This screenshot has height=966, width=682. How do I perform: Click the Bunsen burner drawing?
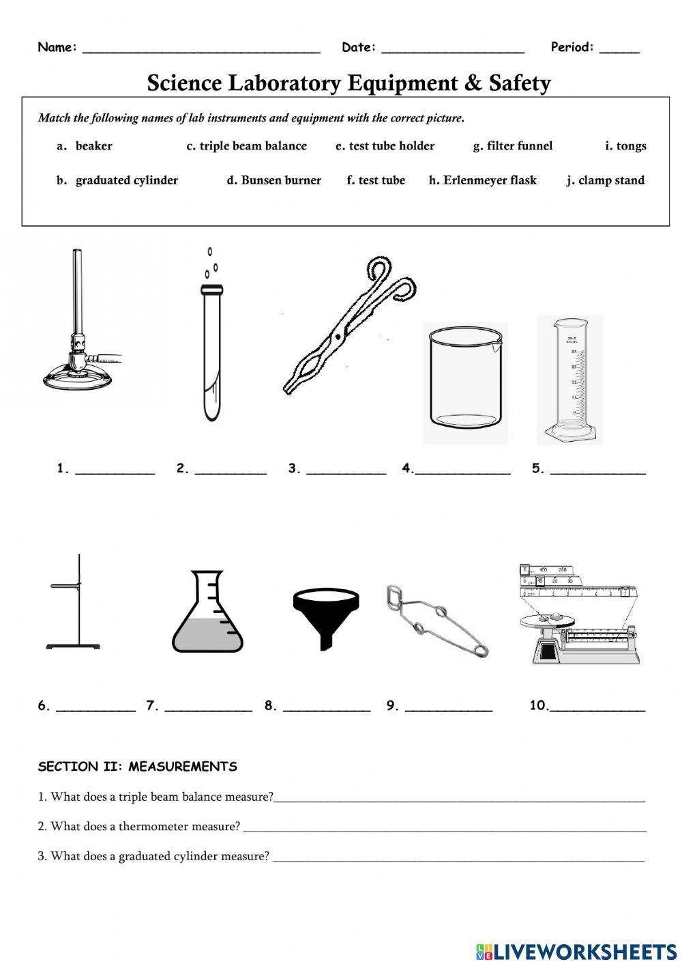point(80,341)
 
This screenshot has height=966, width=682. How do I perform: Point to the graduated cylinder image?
point(570,379)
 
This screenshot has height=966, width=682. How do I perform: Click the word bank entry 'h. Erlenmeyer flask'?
point(483,180)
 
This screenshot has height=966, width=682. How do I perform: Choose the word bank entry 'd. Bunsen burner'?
point(274,180)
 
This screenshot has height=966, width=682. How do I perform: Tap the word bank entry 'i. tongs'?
point(625,145)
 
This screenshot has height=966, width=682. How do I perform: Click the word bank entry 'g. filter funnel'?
point(513,145)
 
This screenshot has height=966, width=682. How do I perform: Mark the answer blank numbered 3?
point(346,470)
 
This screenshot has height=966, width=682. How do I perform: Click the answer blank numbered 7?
point(208,708)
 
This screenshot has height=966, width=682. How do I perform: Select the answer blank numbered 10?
point(597,708)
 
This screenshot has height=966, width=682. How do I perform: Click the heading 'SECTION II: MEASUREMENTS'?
point(137,767)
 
